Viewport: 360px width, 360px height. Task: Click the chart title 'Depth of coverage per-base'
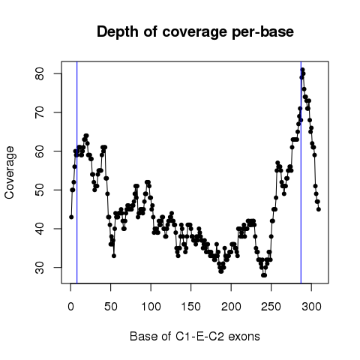point(195,32)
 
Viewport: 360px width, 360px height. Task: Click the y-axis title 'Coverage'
point(9,172)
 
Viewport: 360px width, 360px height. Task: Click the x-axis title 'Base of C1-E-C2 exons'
point(195,336)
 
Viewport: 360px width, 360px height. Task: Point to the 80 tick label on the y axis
point(40,73)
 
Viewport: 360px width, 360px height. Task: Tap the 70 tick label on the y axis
point(40,112)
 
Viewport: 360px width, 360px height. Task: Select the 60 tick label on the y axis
point(40,151)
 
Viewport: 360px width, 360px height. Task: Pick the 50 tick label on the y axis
point(40,190)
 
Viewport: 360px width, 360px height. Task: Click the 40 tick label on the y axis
point(40,229)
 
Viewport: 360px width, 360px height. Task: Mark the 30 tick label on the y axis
point(40,268)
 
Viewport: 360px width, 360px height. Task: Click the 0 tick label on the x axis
point(70,307)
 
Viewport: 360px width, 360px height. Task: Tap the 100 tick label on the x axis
point(151,307)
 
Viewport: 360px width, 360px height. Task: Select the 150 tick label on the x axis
point(191,307)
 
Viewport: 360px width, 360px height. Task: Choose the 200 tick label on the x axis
point(231,307)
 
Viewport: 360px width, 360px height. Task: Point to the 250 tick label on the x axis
point(271,307)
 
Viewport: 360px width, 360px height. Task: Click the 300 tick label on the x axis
point(311,307)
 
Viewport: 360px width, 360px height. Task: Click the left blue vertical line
point(77,172)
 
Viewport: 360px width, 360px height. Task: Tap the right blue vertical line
point(301,172)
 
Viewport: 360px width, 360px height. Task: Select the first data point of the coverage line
point(71,217)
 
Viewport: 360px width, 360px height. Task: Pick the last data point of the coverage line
point(319,209)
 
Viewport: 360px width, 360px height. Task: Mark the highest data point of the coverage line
point(302,70)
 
